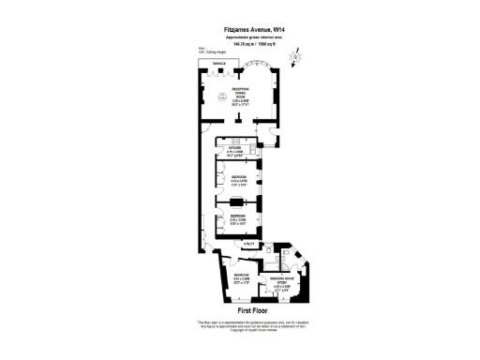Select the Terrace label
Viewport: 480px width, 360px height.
click(x=218, y=64)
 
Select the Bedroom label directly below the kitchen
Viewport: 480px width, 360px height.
click(x=239, y=178)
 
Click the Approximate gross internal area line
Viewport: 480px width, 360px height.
click(x=239, y=37)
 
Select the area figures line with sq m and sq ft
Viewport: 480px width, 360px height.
click(x=239, y=43)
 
